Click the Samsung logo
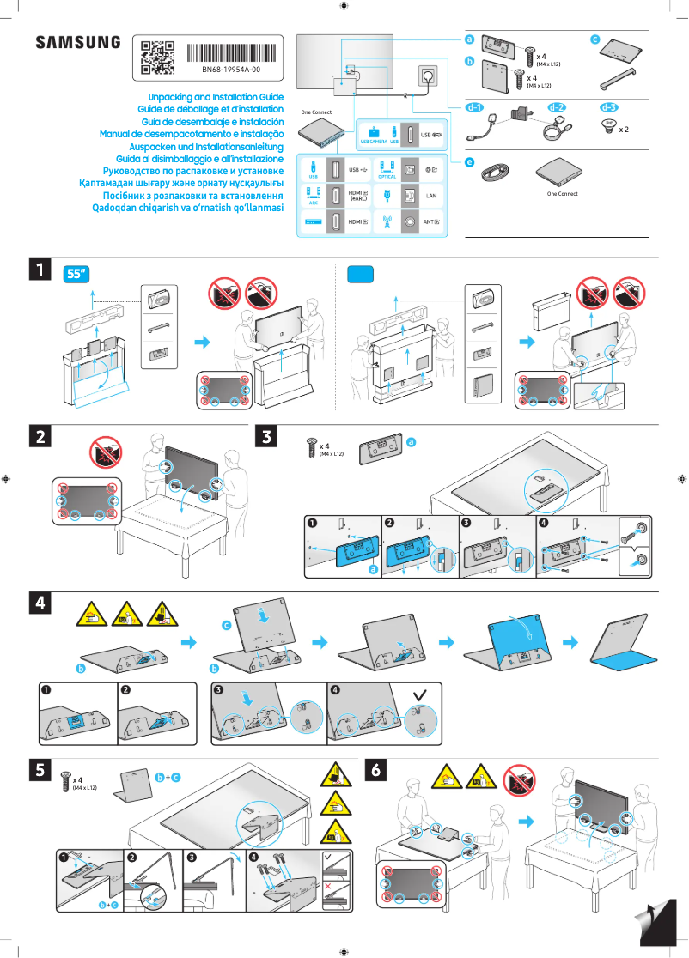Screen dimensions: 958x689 (77, 42)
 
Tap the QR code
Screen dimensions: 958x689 (157, 56)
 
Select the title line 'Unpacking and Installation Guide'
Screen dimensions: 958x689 (216, 98)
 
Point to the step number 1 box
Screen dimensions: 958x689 (38, 270)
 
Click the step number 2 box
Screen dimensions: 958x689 (38, 437)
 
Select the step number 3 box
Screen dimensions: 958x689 (268, 437)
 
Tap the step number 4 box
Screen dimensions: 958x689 (38, 603)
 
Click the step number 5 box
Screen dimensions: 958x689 (38, 771)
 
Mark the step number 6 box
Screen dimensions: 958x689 (375, 771)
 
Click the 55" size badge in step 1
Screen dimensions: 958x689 (78, 274)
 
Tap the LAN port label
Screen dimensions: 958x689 (432, 196)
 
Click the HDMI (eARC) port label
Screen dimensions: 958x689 (358, 196)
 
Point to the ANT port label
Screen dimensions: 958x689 (432, 221)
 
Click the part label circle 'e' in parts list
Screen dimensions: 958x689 (469, 161)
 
